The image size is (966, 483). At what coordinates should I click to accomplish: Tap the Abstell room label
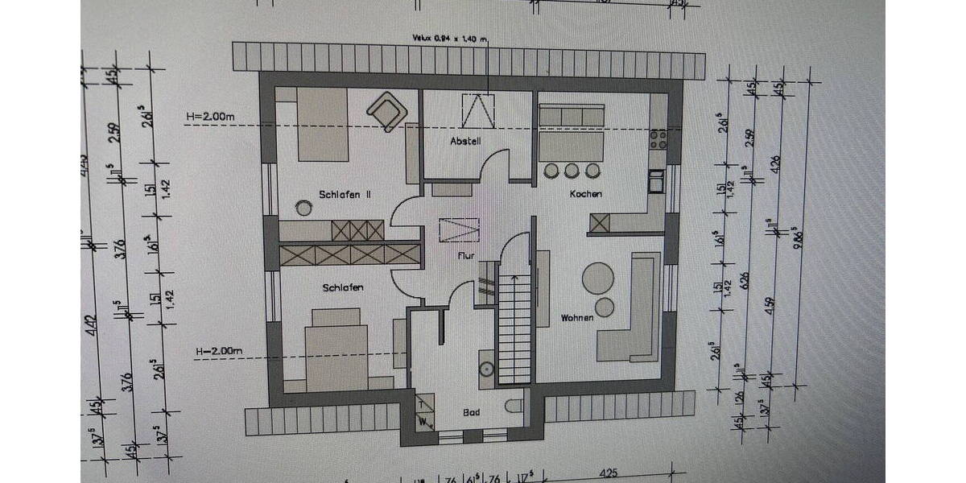465,142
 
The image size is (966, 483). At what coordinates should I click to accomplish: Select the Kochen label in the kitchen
585,194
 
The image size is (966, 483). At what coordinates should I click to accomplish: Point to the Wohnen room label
576,318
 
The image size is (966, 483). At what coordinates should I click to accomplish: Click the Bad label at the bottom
472,412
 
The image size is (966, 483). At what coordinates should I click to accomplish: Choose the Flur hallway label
464,256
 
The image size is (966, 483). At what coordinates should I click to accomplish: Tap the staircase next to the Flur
514,326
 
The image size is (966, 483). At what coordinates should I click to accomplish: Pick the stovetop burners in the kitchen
658,140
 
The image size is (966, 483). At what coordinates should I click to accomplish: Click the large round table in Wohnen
598,279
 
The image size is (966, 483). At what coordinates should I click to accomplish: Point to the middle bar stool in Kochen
572,171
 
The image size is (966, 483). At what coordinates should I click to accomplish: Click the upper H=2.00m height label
209,117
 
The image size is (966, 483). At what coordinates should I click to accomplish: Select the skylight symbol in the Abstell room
478,109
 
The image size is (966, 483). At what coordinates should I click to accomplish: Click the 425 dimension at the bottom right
609,474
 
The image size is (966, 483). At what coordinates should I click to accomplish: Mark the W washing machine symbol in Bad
423,419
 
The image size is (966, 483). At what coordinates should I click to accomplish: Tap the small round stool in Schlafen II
303,208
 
